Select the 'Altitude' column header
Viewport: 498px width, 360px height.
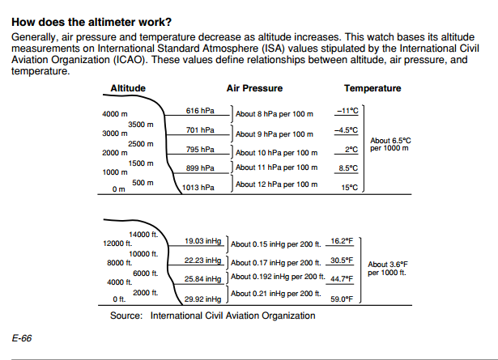pyautogui.click(x=128, y=88)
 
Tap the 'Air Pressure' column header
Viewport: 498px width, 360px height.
pyautogui.click(x=254, y=88)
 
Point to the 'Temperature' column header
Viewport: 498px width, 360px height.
pyautogui.click(x=372, y=88)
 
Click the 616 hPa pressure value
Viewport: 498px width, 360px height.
pyautogui.click(x=199, y=111)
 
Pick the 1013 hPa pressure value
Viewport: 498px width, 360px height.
pyautogui.click(x=198, y=188)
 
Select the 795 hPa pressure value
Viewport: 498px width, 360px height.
pyautogui.click(x=199, y=149)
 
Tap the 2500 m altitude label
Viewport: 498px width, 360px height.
pyautogui.click(x=141, y=143)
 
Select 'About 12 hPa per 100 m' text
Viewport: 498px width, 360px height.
pyautogui.click(x=275, y=184)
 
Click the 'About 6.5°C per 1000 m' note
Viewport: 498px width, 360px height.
pyautogui.click(x=389, y=145)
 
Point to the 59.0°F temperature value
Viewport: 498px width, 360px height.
pyautogui.click(x=342, y=299)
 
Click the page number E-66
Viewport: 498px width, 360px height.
pyautogui.click(x=22, y=337)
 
